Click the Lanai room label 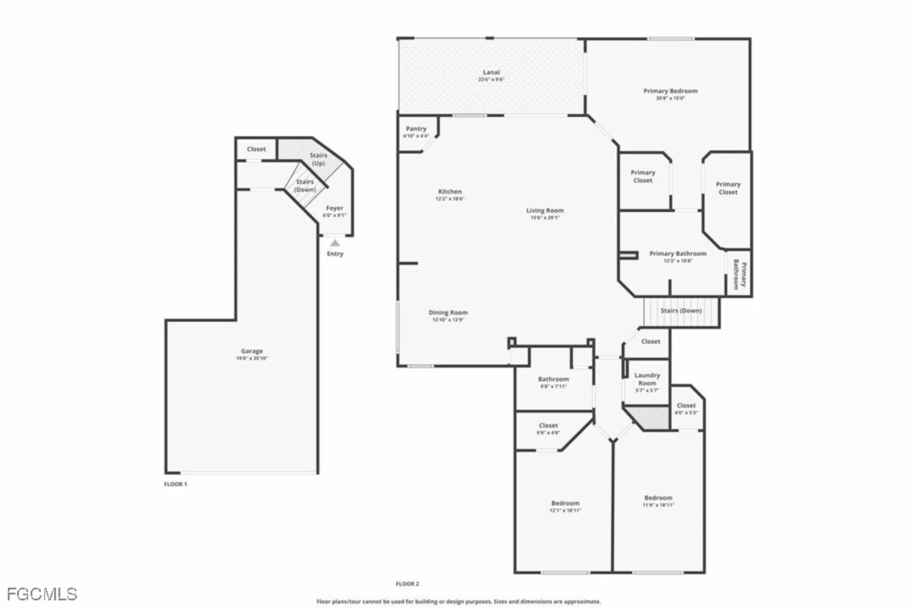coord(491,72)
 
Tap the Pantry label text coord(416,129)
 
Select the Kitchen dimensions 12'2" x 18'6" coord(450,199)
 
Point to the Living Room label coord(545,211)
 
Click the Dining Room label coord(448,313)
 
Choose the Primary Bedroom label coord(670,91)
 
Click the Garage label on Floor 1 coord(252,351)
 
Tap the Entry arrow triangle coord(335,243)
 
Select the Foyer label coord(334,208)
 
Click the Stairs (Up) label coord(318,159)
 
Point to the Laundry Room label coord(647,379)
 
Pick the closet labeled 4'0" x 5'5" coord(686,408)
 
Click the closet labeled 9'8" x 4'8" coord(548,429)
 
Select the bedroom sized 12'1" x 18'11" coord(565,506)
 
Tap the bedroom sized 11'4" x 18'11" coord(658,501)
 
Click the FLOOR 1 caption coord(176,484)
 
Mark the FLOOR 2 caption coord(407,584)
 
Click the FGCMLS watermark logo coord(42,594)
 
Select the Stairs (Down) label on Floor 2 coord(681,311)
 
